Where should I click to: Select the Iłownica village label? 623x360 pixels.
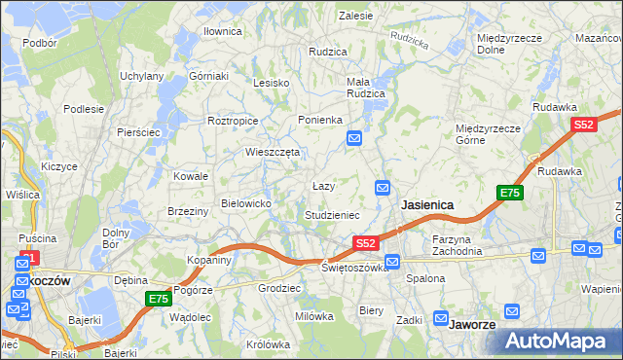[222, 31]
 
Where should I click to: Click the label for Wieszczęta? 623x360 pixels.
[272, 152]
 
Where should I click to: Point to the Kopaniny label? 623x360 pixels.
[209, 260]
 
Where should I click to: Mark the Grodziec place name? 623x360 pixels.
[278, 288]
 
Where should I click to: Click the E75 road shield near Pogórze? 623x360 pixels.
[158, 299]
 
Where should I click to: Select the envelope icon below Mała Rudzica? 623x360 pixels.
[355, 140]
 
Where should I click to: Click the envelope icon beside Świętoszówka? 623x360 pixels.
[392, 261]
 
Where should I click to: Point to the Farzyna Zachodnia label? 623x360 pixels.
[458, 244]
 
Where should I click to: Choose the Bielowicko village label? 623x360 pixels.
[252, 202]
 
